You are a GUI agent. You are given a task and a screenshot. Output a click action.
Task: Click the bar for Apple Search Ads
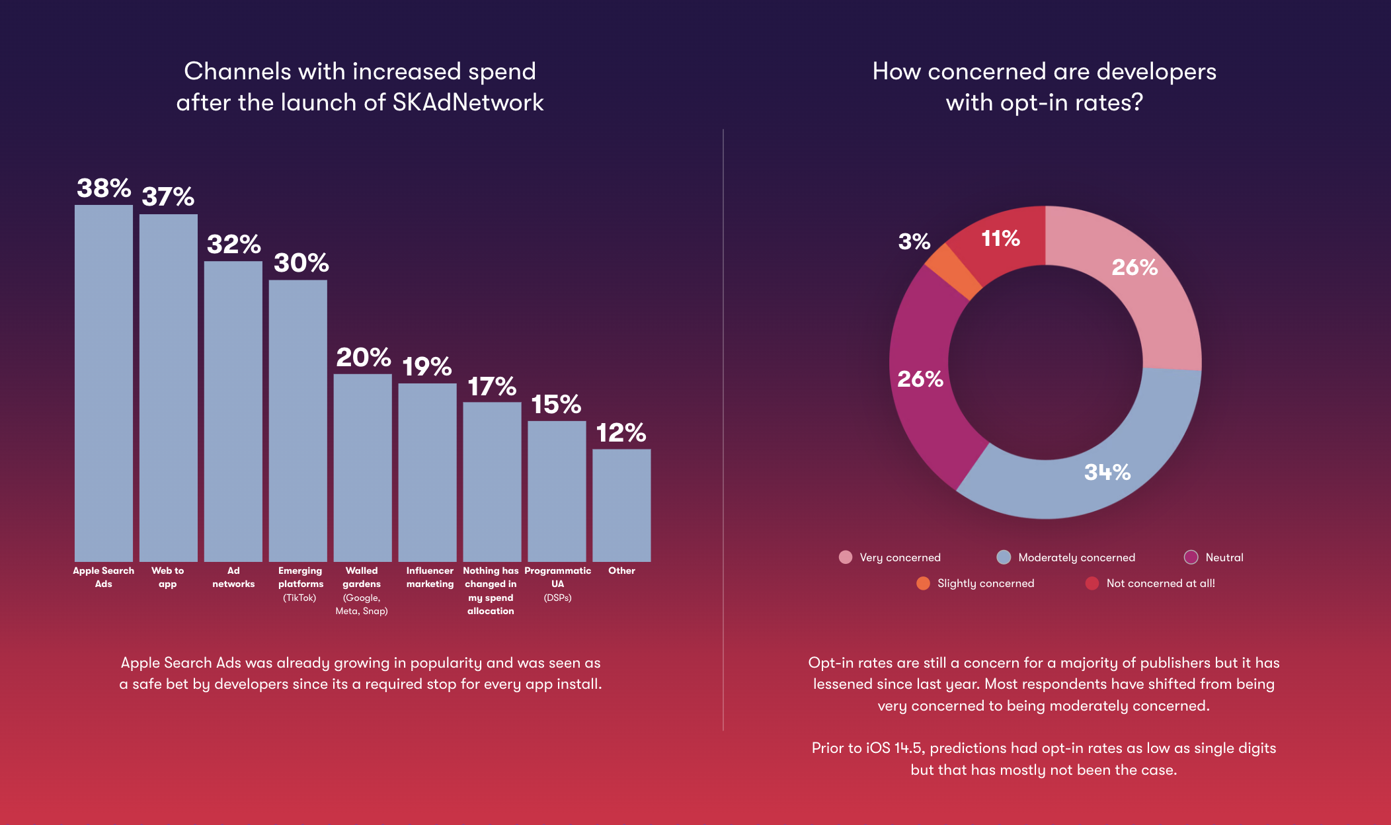[104, 383]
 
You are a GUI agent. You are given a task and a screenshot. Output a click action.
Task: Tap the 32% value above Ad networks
[233, 245]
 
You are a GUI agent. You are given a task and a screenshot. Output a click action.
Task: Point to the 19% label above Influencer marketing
[427, 367]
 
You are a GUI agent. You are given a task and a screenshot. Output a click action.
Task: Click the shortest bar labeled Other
[621, 505]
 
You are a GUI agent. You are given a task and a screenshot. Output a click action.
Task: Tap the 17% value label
[492, 387]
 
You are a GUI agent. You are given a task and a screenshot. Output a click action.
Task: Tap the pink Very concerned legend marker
[846, 557]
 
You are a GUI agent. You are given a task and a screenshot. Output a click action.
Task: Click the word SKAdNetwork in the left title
[467, 102]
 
